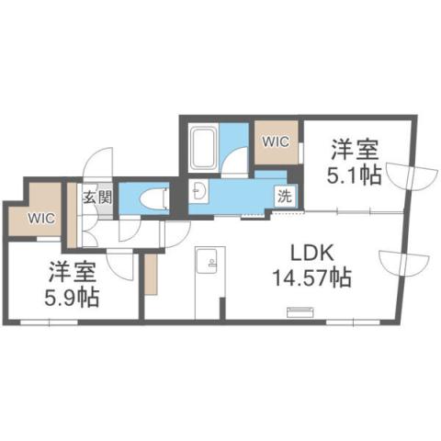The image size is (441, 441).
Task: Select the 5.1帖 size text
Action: pos(356,175)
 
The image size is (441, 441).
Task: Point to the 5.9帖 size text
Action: pos(72,298)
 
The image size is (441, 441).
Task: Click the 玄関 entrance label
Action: pos(97,196)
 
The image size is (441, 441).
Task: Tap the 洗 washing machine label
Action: pos(286,195)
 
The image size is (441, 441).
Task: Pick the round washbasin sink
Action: pos(201,192)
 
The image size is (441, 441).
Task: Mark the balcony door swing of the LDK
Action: pos(397,263)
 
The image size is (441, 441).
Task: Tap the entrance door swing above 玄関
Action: pos(98,166)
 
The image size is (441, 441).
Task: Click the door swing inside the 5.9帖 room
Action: pos(119,266)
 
